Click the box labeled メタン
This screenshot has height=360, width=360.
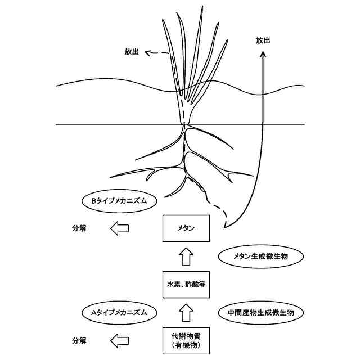pyautogui.click(x=186, y=228)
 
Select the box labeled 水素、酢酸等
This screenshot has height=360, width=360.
pyautogui.click(x=186, y=284)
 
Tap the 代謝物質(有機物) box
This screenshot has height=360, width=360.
pyautogui.click(x=186, y=339)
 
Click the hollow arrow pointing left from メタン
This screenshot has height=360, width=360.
pyautogui.click(x=119, y=228)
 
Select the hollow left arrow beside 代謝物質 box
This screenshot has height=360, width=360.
pyautogui.click(x=119, y=340)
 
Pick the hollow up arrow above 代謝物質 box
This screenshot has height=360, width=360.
pyautogui.click(x=186, y=311)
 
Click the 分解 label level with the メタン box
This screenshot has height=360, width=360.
pyautogui.click(x=79, y=228)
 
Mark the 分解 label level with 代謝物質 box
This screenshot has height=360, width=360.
pyautogui.click(x=79, y=340)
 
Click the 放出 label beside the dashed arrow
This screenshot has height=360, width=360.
pyautogui.click(x=132, y=52)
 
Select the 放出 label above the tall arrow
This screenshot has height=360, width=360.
pyautogui.click(x=263, y=40)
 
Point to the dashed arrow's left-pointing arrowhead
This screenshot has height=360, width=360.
pyautogui.click(x=148, y=53)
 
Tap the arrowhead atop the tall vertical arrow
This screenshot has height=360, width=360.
pyautogui.click(x=263, y=52)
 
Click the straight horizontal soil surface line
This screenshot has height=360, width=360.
pyautogui.click(x=112, y=125)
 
